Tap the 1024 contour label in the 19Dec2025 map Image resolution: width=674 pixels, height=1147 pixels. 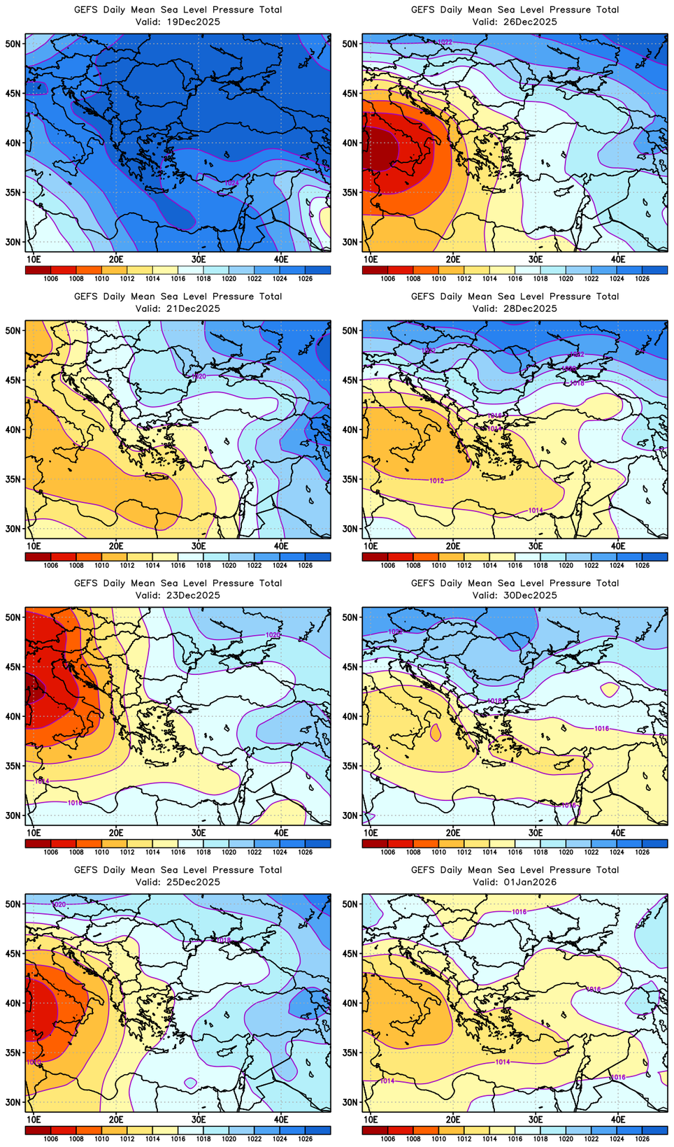[231, 183]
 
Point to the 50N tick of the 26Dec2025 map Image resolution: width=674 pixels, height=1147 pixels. [350, 43]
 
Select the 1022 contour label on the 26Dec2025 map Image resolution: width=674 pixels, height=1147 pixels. [445, 42]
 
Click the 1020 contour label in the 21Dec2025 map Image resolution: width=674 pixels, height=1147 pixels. [199, 376]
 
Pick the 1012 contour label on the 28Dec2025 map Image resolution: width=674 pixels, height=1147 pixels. [436, 480]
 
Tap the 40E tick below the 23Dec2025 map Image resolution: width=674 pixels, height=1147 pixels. [281, 832]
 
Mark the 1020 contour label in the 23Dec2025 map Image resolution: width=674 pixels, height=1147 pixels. [273, 634]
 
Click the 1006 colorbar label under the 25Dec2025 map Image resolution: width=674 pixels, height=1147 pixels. [51, 1139]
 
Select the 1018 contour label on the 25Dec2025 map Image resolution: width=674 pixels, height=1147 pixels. [223, 940]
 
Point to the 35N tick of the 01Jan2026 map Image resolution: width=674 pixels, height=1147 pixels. [350, 1053]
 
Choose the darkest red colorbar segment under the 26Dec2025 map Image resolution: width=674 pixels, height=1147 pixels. [375, 270]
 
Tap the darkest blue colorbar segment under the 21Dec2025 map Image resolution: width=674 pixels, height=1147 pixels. [318, 557]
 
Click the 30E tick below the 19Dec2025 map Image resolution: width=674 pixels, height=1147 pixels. [199, 259]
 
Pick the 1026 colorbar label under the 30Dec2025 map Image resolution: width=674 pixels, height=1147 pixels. [642, 852]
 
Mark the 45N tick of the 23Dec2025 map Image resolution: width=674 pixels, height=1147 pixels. [13, 667]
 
